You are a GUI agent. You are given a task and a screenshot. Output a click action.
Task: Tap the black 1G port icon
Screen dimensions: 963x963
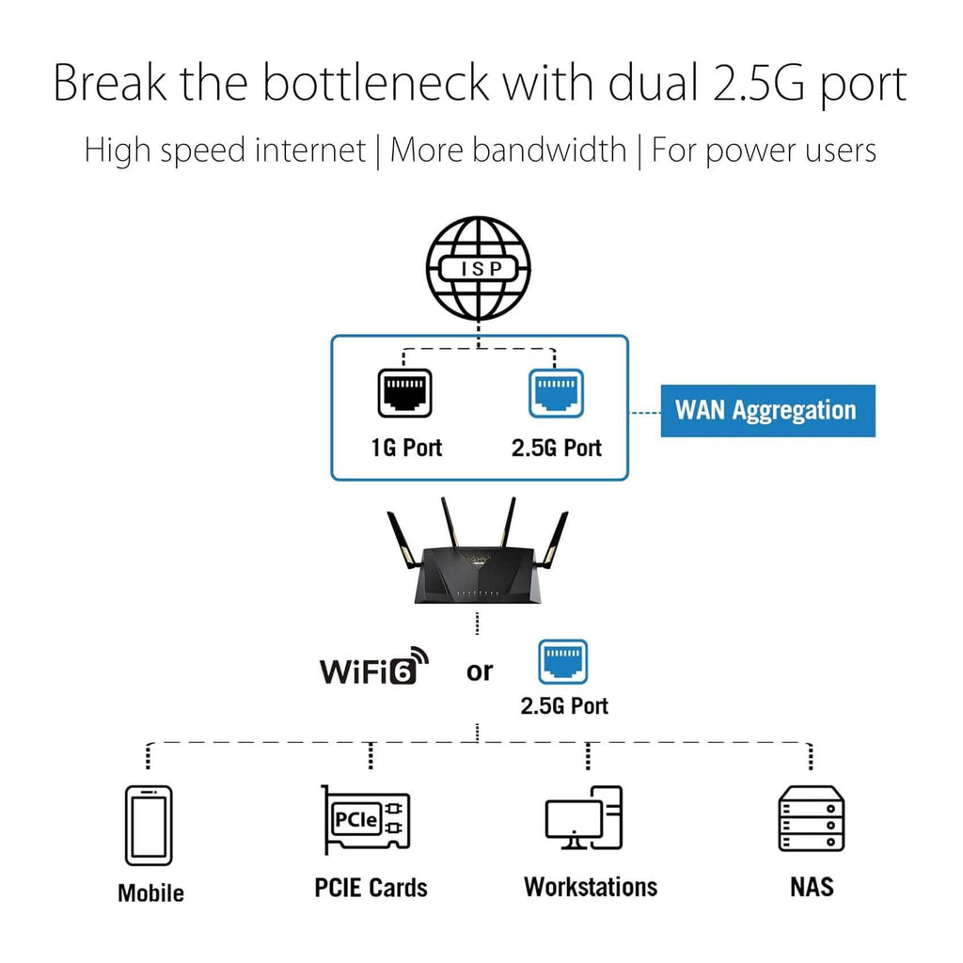406,392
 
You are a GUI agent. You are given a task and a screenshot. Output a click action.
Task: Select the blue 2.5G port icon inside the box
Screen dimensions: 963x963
556,392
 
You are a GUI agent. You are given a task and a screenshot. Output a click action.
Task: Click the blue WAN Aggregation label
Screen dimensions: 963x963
766,411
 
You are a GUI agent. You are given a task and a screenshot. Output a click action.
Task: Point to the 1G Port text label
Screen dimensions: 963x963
406,448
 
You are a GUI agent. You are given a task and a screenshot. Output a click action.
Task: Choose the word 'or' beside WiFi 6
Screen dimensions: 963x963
479,671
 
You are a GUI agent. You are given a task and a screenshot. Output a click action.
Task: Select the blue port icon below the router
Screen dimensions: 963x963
562,663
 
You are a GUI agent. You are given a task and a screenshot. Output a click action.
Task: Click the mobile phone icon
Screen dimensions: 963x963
149,826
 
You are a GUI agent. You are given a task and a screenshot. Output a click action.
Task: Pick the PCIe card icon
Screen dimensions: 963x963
366,821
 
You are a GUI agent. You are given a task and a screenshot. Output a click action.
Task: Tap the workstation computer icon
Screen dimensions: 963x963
584,818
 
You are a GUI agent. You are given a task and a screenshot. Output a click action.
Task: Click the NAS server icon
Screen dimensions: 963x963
811,818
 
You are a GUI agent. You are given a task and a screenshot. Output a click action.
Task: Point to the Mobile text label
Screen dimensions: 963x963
150,892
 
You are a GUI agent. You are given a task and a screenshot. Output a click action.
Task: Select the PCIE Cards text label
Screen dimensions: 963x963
371,888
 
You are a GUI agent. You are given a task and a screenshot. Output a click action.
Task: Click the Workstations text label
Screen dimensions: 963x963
591,887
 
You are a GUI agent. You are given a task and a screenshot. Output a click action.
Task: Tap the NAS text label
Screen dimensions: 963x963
811,887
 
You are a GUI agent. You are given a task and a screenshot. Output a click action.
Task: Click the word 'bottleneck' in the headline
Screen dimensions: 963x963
376,84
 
